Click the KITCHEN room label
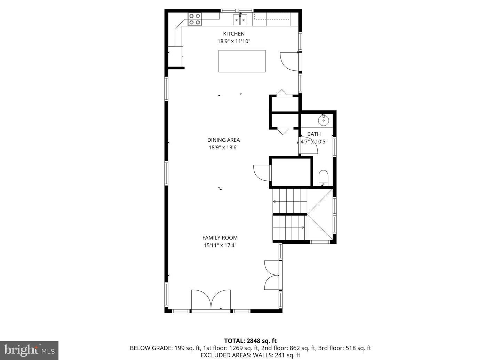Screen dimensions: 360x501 pos(233,34)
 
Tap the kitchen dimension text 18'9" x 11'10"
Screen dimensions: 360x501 pos(234,41)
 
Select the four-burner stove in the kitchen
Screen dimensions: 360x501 pos(195,19)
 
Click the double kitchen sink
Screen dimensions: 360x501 pos(240,19)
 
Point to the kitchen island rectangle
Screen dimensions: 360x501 pos(242,61)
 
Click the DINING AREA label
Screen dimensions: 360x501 pos(223,140)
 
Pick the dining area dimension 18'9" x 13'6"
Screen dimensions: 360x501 pos(223,147)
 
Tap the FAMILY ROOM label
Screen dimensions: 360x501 pos(220,238)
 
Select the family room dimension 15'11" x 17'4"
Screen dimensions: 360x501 pos(220,245)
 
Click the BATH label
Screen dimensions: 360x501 pos(314,134)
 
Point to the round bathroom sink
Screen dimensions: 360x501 pos(324,120)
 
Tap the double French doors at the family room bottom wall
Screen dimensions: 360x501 pos(211,299)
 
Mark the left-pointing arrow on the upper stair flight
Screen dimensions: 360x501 pos(274,201)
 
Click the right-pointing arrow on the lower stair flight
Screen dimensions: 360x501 pos(303,227)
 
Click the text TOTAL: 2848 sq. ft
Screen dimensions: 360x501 pos(250,341)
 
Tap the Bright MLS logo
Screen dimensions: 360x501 pos(29,350)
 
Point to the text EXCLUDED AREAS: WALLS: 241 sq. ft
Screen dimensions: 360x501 pos(250,355)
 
